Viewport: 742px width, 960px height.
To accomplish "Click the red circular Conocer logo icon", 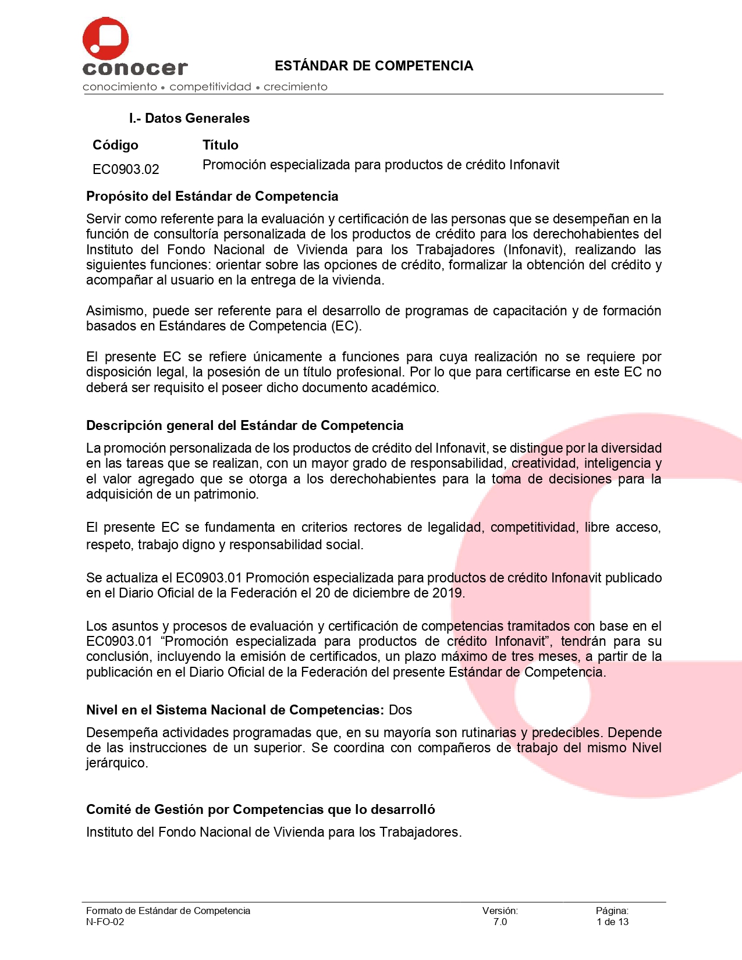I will tap(105, 39).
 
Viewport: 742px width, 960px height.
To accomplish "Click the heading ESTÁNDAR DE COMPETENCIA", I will tap(374, 66).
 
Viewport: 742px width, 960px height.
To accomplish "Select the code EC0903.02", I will tap(126, 169).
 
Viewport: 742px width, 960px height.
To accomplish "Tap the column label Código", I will tap(115, 145).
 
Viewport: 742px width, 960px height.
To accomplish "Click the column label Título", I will tap(220, 145).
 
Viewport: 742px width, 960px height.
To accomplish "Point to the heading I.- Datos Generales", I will tap(189, 118).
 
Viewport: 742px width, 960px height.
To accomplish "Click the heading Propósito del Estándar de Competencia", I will tap(212, 196).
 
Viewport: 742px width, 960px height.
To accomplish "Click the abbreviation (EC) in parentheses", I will tap(346, 326).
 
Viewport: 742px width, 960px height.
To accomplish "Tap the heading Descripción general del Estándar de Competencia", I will tap(244, 425).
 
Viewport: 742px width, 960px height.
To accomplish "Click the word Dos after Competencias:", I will tap(400, 710).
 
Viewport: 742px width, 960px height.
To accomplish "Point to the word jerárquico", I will tap(117, 763).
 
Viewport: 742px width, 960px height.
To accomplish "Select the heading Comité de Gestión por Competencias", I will tap(260, 809).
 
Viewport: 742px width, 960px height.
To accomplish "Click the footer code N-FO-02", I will tap(105, 922).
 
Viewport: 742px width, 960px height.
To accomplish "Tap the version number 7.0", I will tap(500, 922).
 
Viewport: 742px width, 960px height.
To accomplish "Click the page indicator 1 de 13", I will tap(612, 922).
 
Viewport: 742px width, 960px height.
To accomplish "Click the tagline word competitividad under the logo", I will tap(210, 87).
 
